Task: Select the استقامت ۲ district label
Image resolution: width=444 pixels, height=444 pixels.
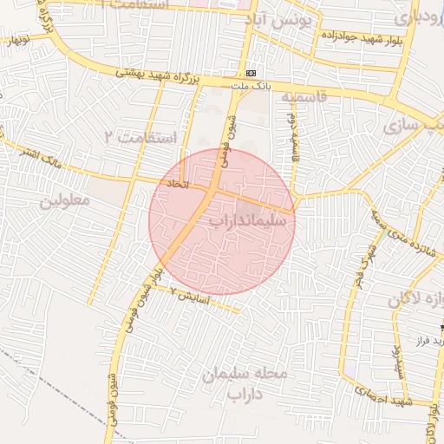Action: [x=140, y=137]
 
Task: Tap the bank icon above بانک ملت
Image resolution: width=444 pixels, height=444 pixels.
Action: [x=251, y=74]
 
